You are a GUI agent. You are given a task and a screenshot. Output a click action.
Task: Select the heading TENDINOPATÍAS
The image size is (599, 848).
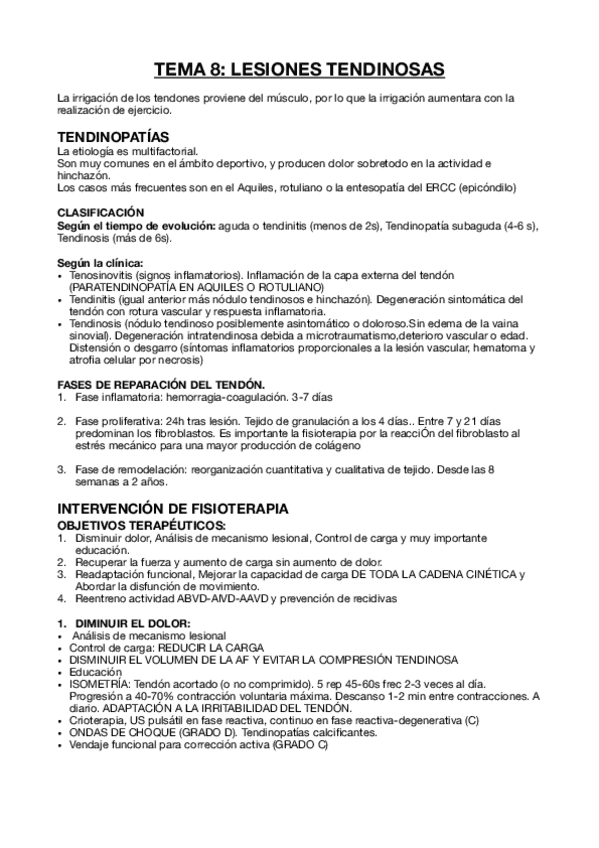click(113, 135)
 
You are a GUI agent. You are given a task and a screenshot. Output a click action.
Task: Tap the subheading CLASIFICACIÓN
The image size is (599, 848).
click(101, 213)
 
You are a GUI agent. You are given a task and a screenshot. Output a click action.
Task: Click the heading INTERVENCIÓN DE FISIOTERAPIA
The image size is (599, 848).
click(174, 508)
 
